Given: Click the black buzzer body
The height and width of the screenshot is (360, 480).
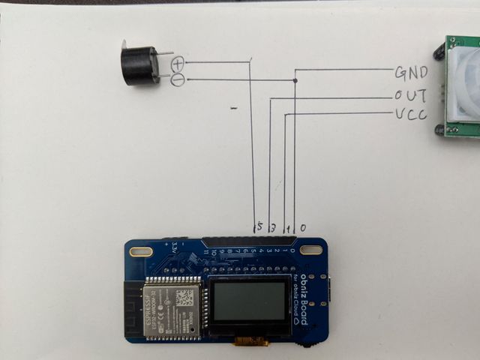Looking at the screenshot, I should pos(137,64).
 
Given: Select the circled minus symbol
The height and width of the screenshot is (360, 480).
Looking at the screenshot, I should pos(178,79).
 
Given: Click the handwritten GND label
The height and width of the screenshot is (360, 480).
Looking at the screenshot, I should pos(411,73).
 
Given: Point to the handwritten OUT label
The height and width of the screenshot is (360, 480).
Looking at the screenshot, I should pos(411,95).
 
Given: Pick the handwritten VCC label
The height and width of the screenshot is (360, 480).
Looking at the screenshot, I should pos(410,114).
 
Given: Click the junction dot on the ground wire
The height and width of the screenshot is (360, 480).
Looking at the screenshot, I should pos(295,80).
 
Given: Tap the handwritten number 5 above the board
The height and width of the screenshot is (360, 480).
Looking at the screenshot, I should pos(259,226).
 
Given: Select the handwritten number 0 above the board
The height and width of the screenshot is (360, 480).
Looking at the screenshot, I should pos(303,226).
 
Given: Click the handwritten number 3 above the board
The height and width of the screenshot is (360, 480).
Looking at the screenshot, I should pos(273,226).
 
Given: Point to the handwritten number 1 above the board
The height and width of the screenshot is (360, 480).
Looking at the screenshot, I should pos(289,226).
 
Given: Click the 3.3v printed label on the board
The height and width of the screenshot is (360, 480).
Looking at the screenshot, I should pos(174,247).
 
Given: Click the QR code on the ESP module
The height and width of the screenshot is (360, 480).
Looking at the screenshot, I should pos(184,297).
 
